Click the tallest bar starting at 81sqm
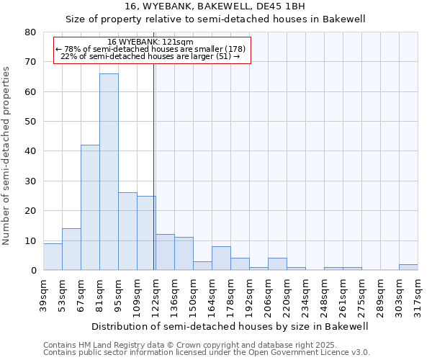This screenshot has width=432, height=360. [x=109, y=172]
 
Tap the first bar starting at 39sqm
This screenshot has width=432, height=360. [x=53, y=257]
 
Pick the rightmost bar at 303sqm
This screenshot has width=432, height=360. [x=408, y=267]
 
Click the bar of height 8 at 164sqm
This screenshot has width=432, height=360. [x=221, y=258]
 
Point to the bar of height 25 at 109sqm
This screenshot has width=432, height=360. [x=146, y=233]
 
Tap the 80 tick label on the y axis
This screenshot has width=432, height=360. [x=30, y=32]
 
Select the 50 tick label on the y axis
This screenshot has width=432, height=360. [x=30, y=122]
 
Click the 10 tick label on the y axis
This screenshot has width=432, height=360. [x=30, y=240]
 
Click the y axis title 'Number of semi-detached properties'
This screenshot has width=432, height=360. [x=7, y=155]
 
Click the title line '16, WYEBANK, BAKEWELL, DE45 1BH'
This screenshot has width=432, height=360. [x=215, y=6]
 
